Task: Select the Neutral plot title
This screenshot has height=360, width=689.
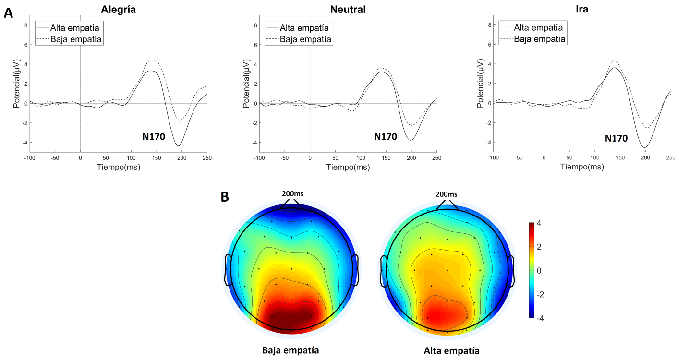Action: [x=348, y=9]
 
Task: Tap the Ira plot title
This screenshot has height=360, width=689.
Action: [x=582, y=9]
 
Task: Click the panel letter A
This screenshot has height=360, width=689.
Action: [x=9, y=13]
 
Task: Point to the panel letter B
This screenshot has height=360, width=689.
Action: [x=225, y=197]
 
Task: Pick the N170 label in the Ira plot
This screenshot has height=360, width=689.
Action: [x=616, y=138]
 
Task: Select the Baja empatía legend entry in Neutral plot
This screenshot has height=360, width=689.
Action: [x=305, y=39]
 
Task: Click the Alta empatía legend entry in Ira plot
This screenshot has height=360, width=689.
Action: [x=538, y=28]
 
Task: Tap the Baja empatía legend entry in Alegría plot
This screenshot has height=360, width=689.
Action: [x=76, y=39]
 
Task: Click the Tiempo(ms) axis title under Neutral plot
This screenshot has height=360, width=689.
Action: [x=348, y=167]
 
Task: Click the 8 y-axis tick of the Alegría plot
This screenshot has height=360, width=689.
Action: [x=25, y=25]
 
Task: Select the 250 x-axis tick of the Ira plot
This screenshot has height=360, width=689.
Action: [x=670, y=157]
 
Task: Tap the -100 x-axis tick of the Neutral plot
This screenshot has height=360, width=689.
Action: [x=259, y=157]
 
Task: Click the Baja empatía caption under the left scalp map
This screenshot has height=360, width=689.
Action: [x=291, y=350]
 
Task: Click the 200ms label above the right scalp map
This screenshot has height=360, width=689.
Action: [x=447, y=194]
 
